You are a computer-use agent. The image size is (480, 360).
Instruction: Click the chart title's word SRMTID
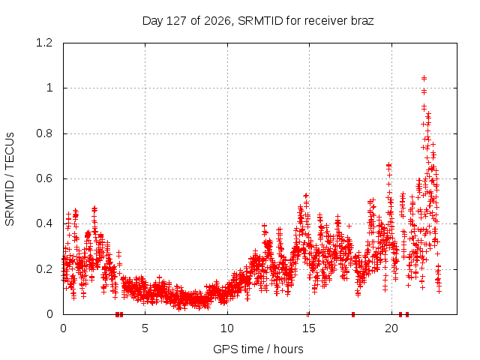coord(260,21)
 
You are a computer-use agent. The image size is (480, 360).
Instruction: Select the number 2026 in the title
coord(217,21)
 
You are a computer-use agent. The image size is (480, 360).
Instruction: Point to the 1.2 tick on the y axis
coord(44,43)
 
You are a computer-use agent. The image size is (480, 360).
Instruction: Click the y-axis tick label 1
coord(49,88)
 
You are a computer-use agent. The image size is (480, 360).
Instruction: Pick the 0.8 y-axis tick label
coord(44,133)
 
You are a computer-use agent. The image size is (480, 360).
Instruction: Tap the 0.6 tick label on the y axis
coord(44,178)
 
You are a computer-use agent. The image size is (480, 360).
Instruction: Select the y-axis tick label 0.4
coord(44,223)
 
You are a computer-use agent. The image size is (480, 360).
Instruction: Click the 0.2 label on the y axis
coord(44,269)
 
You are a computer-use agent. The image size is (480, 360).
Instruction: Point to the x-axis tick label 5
coord(145,328)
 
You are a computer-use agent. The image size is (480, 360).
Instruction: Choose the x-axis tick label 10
coord(227,328)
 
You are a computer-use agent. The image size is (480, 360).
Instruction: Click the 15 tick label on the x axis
coord(309,328)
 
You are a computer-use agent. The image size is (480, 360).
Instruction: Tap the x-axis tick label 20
coord(391,328)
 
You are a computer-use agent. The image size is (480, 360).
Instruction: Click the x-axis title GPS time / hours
coord(258,349)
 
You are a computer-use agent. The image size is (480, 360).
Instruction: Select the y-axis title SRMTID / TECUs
coord(10,179)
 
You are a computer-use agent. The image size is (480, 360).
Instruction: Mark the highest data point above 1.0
coord(424,78)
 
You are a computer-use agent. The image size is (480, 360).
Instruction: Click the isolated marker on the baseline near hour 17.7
coord(353,314)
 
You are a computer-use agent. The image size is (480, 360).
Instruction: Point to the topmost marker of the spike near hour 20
coord(388,166)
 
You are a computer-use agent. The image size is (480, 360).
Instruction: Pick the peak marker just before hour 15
coord(306,195)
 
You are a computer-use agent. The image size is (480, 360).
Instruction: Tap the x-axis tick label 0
coord(63,328)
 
